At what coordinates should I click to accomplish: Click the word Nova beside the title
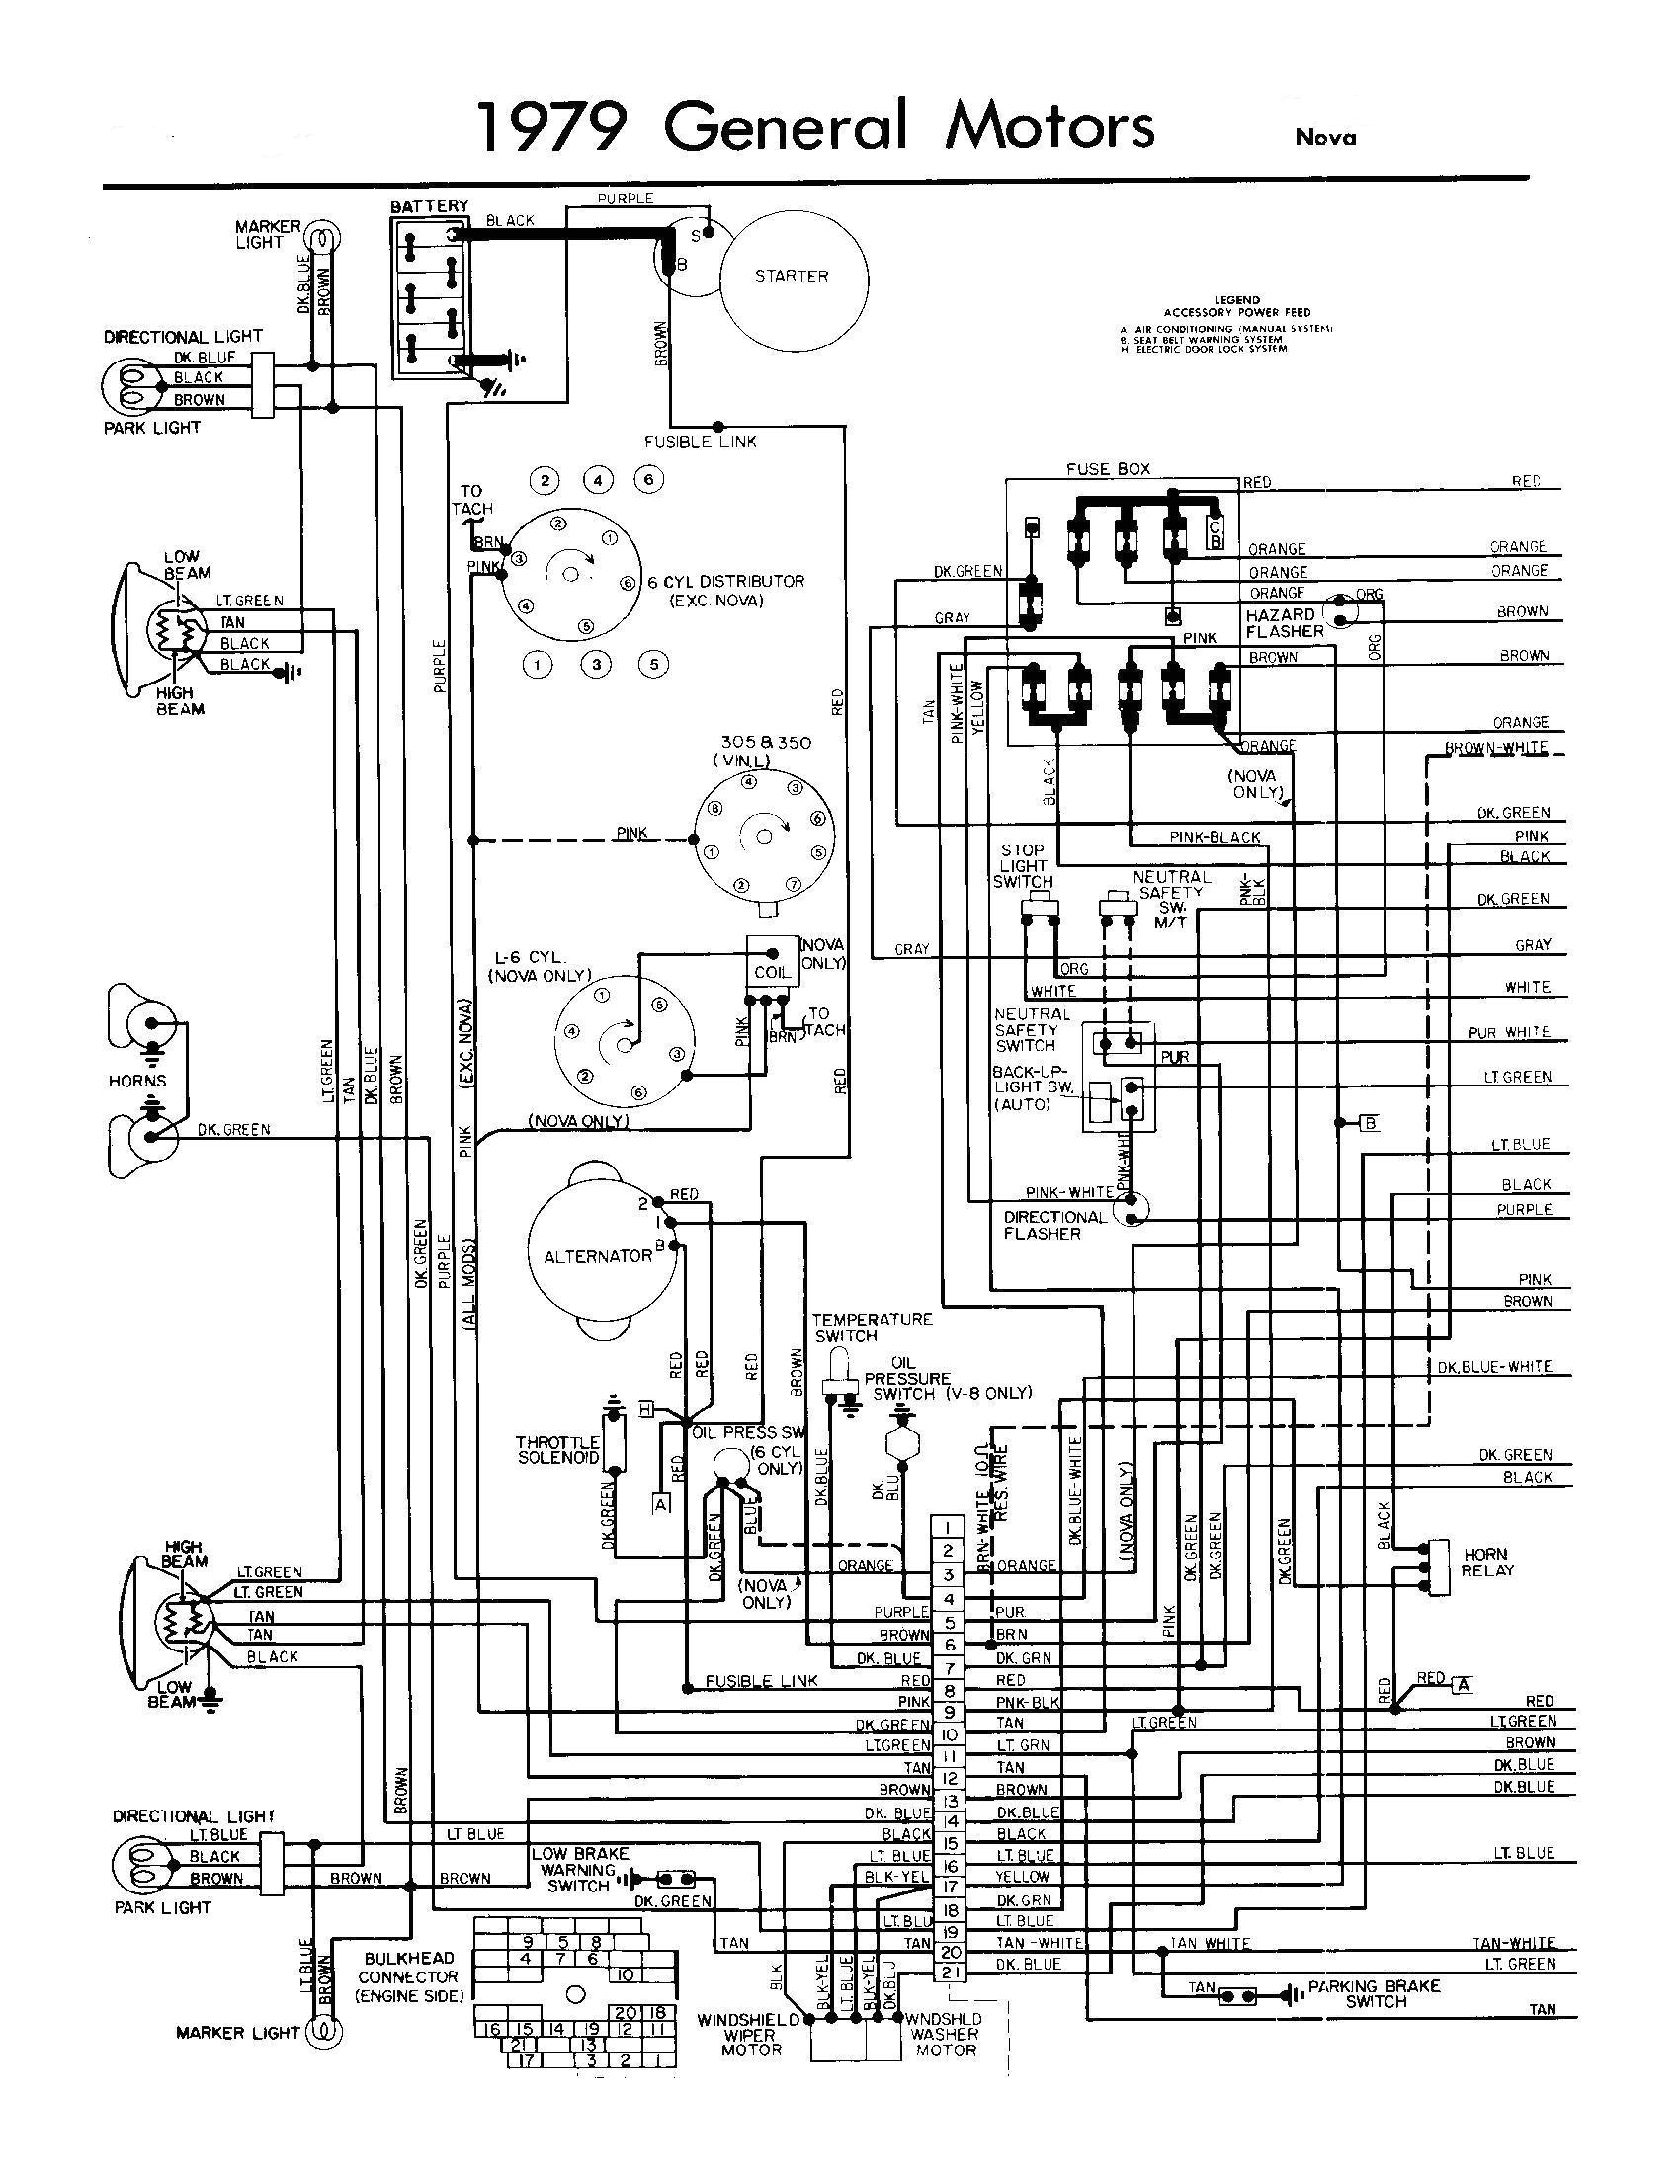1324,138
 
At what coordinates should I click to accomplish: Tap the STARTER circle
793,276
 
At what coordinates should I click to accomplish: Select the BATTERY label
429,206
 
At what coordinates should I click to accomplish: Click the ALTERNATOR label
597,1256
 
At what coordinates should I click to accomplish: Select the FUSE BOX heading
1108,468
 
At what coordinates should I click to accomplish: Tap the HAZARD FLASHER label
1284,623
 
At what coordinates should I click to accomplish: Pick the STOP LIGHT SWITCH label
1022,865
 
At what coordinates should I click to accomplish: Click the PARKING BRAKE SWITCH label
1375,1993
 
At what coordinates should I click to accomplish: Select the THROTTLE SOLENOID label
557,1450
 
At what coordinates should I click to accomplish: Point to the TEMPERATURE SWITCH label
873,1327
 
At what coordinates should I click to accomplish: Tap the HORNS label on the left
137,1081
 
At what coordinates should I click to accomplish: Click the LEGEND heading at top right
1236,299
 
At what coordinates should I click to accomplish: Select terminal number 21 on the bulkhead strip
949,1966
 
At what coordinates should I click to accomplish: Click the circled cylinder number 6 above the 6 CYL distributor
649,480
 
